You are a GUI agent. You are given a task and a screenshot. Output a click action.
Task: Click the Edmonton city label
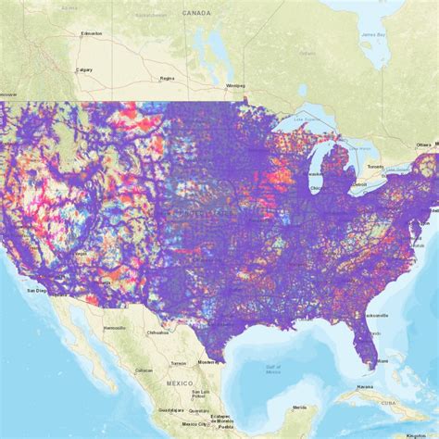pyautogui.click(x=92, y=34)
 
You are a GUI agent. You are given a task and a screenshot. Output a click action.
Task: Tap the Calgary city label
pyautogui.click(x=84, y=69)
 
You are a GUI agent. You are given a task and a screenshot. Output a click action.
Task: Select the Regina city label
pyautogui.click(x=167, y=79)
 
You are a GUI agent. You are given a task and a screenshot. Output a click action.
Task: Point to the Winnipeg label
pyautogui.click(x=235, y=86)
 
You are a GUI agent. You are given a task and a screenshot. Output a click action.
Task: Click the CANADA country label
pyautogui.click(x=196, y=13)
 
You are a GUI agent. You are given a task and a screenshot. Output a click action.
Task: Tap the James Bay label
pyautogui.click(x=373, y=36)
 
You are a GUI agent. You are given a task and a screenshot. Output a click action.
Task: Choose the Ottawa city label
pyautogui.click(x=423, y=144)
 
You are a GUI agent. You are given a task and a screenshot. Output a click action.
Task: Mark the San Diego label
pyautogui.click(x=36, y=290)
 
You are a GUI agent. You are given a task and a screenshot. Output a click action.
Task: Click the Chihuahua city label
pyautogui.click(x=158, y=332)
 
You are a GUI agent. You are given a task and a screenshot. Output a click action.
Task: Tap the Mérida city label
pyautogui.click(x=298, y=408)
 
